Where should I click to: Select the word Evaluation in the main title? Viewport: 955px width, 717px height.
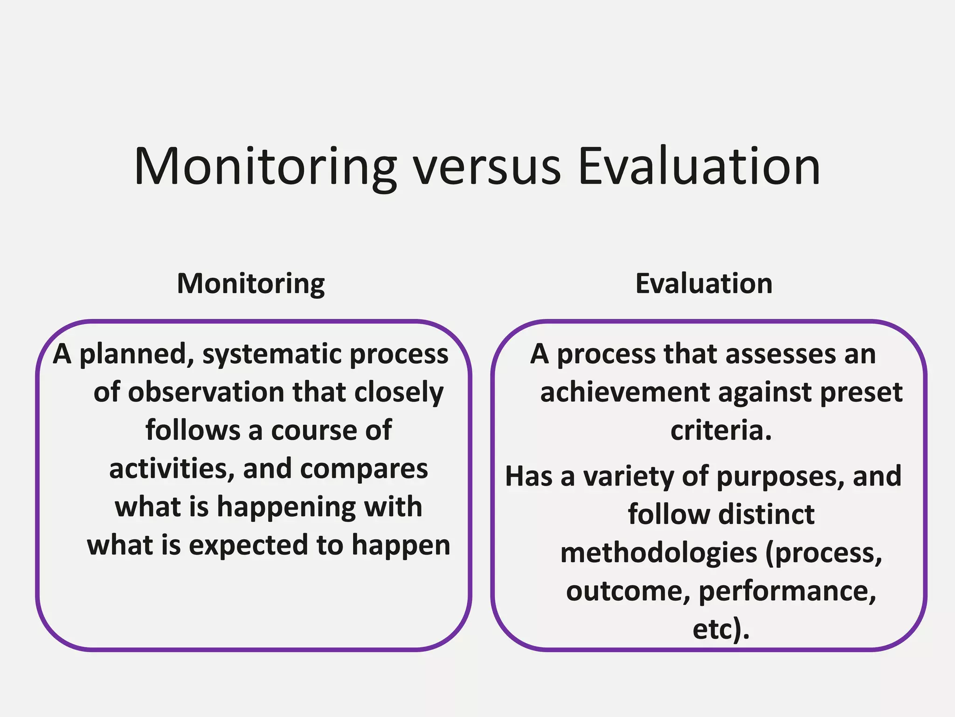[699, 167]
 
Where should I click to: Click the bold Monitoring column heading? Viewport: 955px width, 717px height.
[251, 284]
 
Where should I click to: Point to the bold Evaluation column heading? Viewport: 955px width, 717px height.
[704, 283]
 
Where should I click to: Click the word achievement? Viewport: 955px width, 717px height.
[624, 392]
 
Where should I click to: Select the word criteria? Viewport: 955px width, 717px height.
[721, 430]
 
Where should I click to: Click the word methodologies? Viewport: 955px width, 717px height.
[658, 554]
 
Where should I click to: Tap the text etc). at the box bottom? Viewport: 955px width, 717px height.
[721, 629]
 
